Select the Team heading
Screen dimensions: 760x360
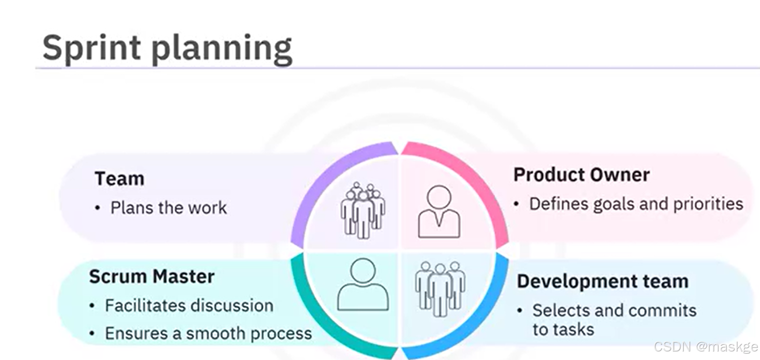(x=119, y=179)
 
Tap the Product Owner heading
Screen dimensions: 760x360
(x=581, y=175)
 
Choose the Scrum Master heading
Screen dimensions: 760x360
(x=152, y=277)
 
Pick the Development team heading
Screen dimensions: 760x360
(x=602, y=281)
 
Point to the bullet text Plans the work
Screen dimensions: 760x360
(x=169, y=208)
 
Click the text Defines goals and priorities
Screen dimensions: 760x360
(x=636, y=204)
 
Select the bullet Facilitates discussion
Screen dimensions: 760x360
(x=189, y=306)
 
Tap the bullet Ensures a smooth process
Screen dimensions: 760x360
(x=208, y=334)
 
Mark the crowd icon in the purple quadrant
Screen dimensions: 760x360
(x=363, y=210)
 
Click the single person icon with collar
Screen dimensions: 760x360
(x=439, y=211)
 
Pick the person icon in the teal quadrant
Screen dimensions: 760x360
(x=363, y=285)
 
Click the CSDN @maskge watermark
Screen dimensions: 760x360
(x=706, y=347)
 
